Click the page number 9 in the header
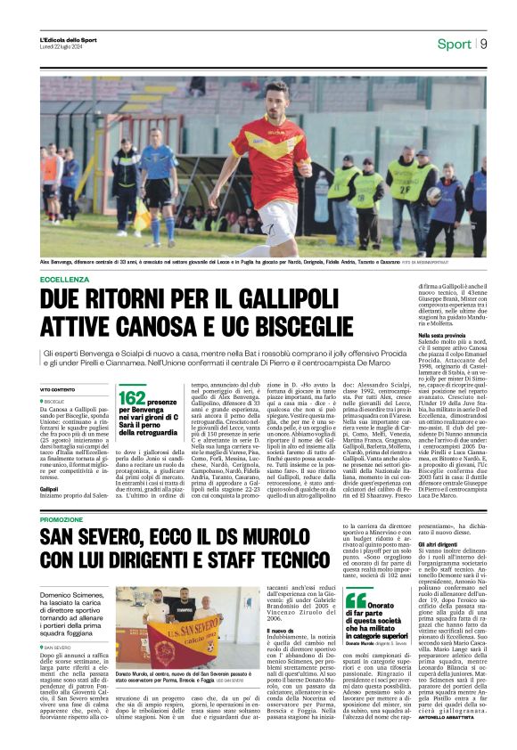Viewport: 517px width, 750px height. click(x=482, y=44)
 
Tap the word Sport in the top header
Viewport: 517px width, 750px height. click(x=454, y=44)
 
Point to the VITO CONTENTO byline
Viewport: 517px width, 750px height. click(x=57, y=390)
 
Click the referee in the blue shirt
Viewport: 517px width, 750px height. click(x=160, y=187)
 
